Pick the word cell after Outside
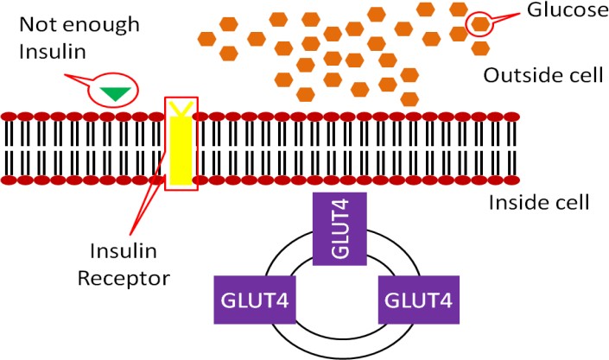click(x=585, y=74)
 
